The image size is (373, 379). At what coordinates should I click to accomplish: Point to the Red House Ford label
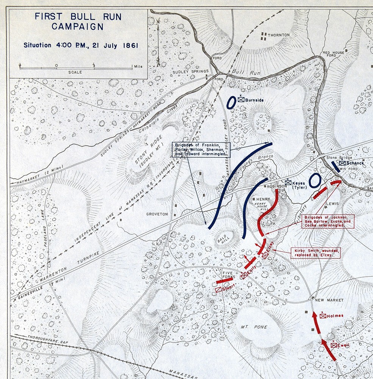pyautogui.click(x=334, y=53)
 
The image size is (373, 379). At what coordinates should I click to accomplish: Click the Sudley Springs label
pyautogui.click(x=190, y=71)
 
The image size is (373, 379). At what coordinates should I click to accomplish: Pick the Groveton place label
pyautogui.click(x=157, y=214)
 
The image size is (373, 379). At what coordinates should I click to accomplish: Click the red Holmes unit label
pyautogui.click(x=335, y=316)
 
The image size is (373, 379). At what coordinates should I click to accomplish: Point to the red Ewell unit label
pyautogui.click(x=342, y=345)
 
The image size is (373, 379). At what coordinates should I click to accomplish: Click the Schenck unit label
pyautogui.click(x=354, y=163)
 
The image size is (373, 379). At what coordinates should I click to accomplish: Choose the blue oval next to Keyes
pyautogui.click(x=314, y=181)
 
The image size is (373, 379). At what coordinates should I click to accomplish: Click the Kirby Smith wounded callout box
pyautogui.click(x=316, y=253)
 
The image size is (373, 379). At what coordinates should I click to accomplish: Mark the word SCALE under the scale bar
pyautogui.click(x=75, y=72)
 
